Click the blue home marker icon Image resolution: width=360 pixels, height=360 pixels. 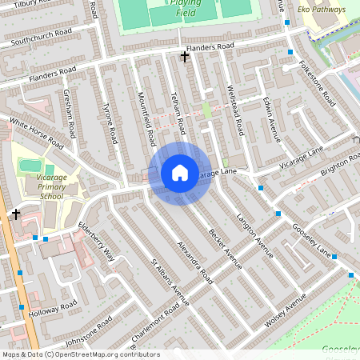tap(180, 173)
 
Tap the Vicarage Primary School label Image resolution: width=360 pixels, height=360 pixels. tap(40, 189)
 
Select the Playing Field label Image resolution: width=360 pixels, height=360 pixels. tap(186, 7)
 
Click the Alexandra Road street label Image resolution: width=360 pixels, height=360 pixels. tap(195, 262)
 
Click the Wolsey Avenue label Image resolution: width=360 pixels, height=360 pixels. tap(286, 310)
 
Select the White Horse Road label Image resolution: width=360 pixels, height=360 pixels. tap(36, 134)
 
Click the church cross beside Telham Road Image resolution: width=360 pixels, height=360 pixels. tap(185, 56)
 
